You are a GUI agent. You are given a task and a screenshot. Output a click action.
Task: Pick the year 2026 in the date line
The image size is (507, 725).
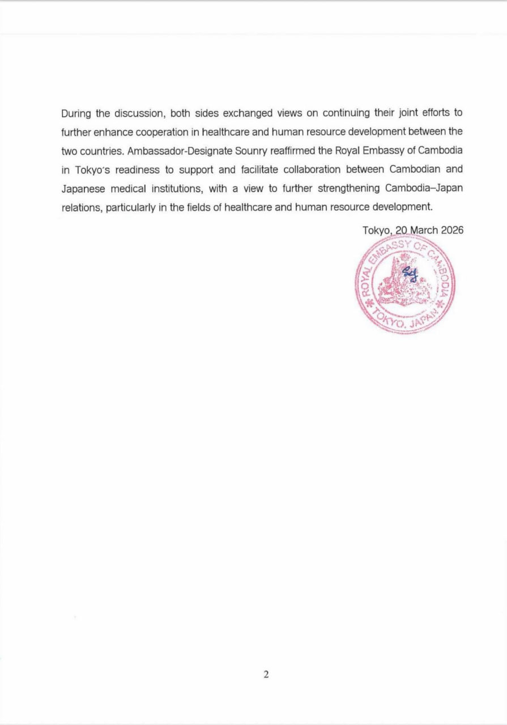tap(451, 230)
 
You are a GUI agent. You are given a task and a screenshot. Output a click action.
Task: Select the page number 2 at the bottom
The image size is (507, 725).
tap(266, 674)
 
